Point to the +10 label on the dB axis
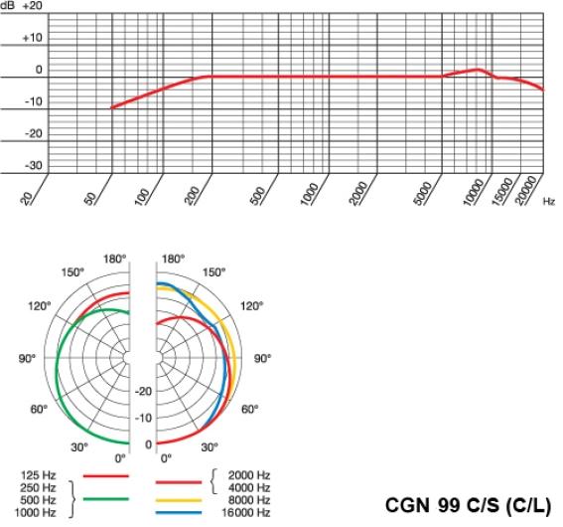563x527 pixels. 33,38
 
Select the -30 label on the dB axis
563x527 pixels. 33,165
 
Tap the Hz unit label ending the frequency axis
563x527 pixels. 549,201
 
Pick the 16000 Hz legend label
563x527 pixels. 248,512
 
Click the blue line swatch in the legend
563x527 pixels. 181,512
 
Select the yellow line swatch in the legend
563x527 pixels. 181,501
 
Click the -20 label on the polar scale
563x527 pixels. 143,391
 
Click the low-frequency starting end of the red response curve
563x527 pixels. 110,107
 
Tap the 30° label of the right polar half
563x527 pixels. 211,446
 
